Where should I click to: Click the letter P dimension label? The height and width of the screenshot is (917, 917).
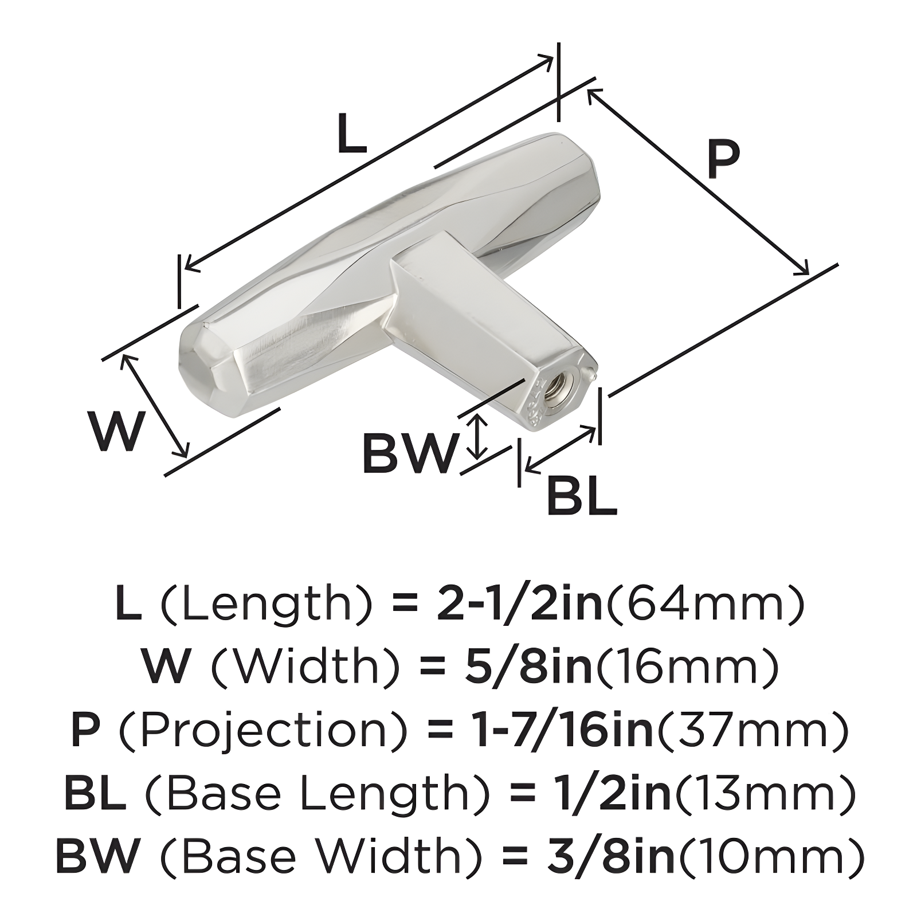pos(723,160)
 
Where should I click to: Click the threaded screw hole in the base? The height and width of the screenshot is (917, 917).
pos(555,391)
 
